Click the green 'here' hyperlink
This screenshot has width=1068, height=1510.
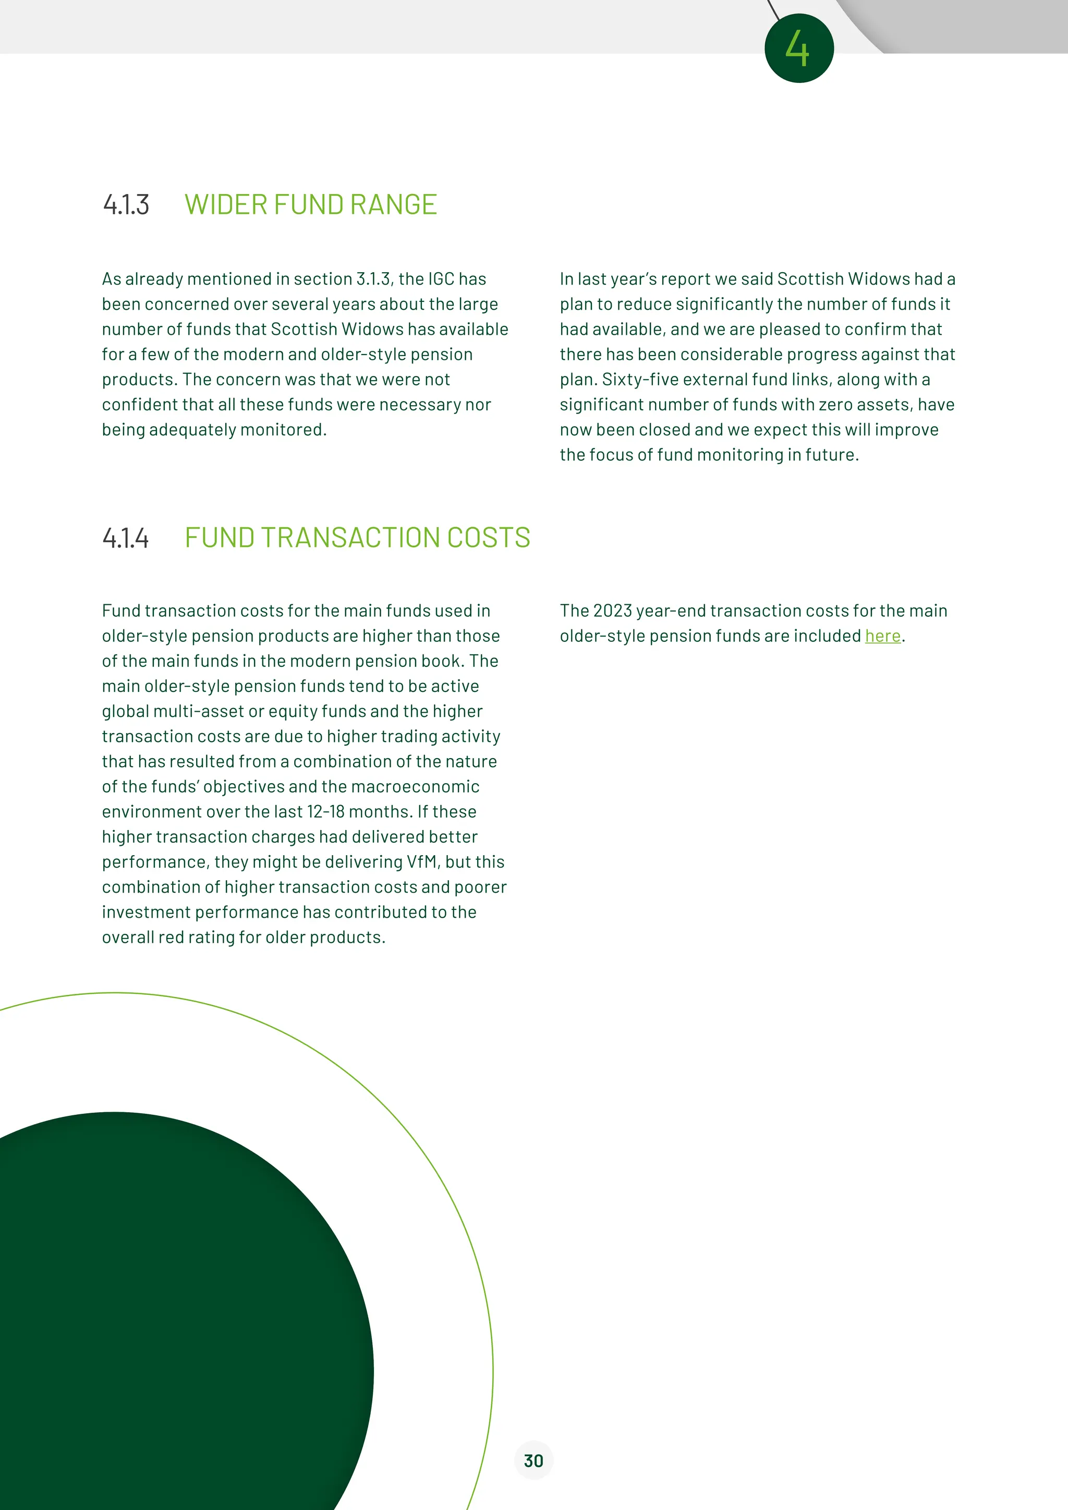(882, 636)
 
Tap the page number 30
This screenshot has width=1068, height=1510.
(533, 1460)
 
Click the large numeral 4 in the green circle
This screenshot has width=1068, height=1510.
(798, 48)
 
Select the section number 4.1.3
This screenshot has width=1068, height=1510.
(126, 204)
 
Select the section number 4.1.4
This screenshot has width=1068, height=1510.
(126, 538)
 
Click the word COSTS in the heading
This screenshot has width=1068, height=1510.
(489, 538)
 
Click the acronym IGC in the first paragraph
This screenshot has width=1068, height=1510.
(441, 279)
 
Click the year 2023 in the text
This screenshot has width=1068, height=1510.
(612, 611)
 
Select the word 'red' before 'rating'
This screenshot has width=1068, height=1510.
(171, 937)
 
